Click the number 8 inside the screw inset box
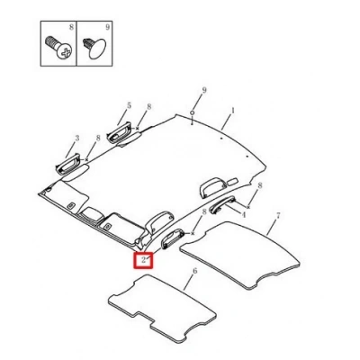pos(71,27)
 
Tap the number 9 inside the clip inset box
pos(107,27)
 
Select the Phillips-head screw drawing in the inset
pos(59,48)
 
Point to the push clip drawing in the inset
pos(94,48)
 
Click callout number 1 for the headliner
pos(232,111)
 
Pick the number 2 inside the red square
pos(144,260)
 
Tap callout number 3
pos(77,139)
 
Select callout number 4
pos(244,215)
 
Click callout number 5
pos(129,105)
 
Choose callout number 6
pos(195,271)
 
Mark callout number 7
pos(278,215)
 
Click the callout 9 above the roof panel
pos(204,90)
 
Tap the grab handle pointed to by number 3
pos(68,164)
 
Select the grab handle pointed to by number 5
pos(119,132)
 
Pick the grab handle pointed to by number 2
pos(173,238)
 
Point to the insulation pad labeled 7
pos(240,255)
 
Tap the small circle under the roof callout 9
pos(192,112)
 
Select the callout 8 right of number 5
pos(148,106)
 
